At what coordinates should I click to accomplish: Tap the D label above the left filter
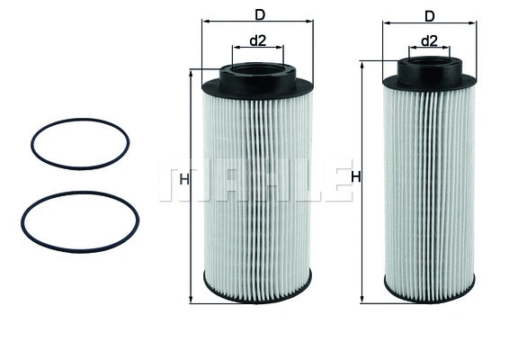tap(260, 14)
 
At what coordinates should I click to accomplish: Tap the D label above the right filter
tap(429, 16)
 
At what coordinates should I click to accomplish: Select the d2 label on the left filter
tap(258, 40)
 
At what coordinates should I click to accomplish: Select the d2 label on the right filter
tap(429, 41)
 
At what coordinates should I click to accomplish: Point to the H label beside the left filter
tap(183, 180)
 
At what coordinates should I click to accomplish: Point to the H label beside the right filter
tap(355, 177)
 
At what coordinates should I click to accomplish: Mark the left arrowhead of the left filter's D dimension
tap(205, 25)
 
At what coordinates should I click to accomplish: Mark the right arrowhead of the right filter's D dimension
tap(474, 26)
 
